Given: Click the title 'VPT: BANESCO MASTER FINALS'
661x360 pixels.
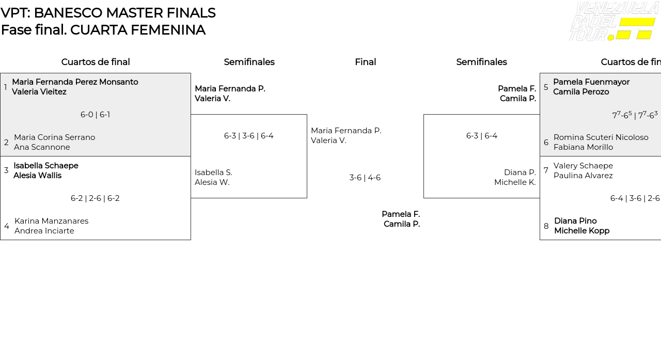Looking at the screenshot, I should click(108, 13).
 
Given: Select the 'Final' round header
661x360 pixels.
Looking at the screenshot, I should click(365, 62).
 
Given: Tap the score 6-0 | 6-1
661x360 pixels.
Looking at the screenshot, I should click(95, 115).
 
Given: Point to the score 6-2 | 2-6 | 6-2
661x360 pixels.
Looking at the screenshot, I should click(95, 198).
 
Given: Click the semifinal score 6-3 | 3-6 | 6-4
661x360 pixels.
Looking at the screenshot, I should click(248, 136).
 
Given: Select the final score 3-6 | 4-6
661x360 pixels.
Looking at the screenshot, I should click(365, 178).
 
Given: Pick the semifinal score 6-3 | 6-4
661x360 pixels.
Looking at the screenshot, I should click(481, 136).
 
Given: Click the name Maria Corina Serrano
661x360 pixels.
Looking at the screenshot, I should click(54, 137).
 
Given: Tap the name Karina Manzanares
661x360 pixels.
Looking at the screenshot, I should click(51, 221).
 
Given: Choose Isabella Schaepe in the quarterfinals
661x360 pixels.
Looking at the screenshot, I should click(46, 166).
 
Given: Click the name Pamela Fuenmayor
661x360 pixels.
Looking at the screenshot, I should click(591, 82).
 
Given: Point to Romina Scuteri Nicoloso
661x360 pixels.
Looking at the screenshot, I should click(601, 137).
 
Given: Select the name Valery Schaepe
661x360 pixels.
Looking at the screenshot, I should click(583, 166).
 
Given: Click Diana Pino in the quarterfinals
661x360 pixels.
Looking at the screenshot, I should click(575, 221).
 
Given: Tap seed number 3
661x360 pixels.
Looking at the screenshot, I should click(6, 170).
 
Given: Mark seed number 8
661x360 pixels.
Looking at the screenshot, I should click(546, 226).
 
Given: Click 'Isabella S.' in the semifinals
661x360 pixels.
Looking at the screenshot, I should click(213, 173).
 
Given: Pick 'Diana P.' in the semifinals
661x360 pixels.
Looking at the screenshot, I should click(520, 173).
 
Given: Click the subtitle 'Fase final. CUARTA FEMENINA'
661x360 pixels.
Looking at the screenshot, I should click(103, 30).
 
